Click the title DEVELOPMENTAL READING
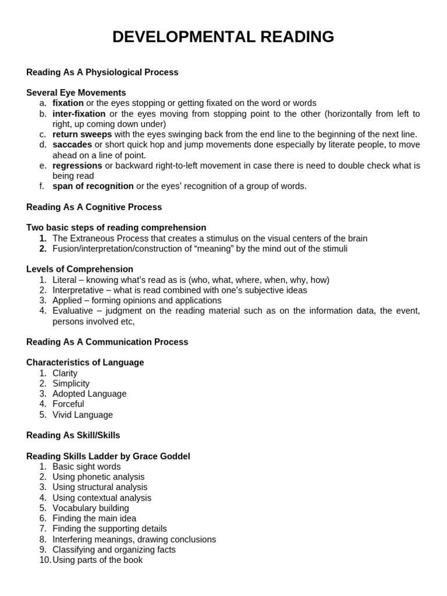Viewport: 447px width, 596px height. tap(223, 37)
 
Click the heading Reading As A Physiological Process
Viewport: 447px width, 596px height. tap(102, 72)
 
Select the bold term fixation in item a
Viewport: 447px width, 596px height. tap(68, 103)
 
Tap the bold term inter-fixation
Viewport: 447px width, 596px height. tap(79, 113)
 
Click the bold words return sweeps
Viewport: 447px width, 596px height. tap(82, 134)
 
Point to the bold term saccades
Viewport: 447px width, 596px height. tap(72, 144)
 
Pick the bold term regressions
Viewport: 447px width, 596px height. tap(77, 165)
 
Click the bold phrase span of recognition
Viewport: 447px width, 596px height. tap(93, 186)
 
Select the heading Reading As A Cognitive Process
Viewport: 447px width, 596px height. tap(94, 207)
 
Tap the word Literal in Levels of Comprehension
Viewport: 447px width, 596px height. tap(64, 280)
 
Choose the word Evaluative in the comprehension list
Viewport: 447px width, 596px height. tap(73, 311)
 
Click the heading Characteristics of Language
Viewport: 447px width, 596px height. tap(85, 363)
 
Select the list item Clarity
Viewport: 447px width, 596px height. tap(65, 373)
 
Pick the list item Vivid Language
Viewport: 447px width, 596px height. tap(83, 415)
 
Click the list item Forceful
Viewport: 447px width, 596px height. tap(68, 404)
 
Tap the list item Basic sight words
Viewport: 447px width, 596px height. tap(87, 467)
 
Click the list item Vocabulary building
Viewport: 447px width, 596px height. tap(91, 508)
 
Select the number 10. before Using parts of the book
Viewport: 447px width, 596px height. tap(45, 560)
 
